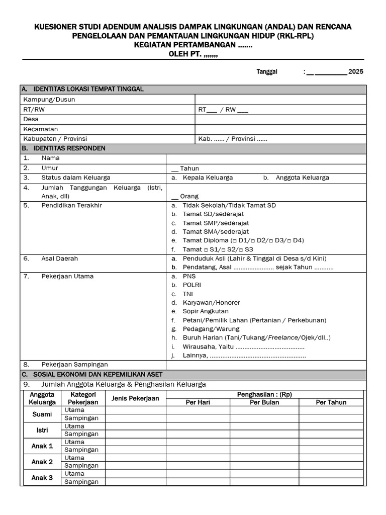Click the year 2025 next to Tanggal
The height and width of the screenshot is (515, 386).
355,72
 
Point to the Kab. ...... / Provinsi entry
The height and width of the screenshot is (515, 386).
233,139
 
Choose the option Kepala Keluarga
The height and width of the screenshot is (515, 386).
208,178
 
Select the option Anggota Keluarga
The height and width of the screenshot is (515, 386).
302,178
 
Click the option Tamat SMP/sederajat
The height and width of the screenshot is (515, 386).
216,223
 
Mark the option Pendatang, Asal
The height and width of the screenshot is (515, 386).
207,267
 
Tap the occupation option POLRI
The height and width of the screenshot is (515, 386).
191,285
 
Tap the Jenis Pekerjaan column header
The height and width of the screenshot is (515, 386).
135,398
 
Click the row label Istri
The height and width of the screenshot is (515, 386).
42,430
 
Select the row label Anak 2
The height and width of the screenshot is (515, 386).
42,462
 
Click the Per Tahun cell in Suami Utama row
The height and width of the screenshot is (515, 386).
331,410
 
